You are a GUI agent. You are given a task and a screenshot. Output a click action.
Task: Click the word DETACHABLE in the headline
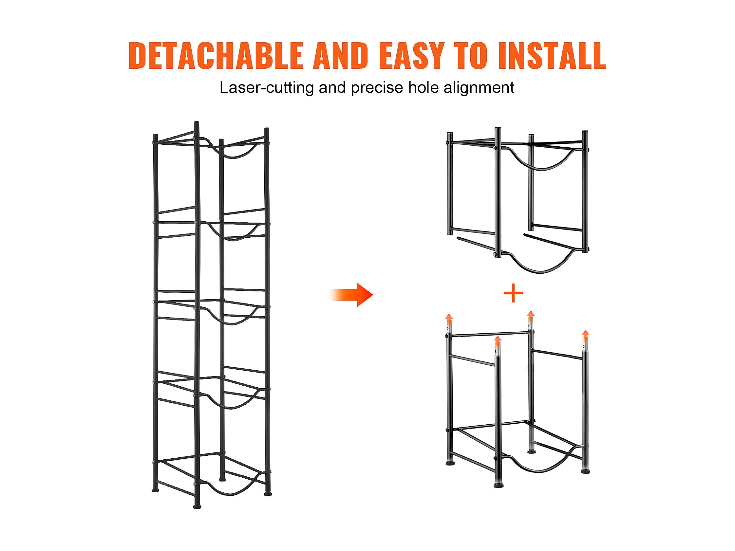[x=216, y=55]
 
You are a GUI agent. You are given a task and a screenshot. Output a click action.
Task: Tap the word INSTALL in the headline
[x=552, y=55]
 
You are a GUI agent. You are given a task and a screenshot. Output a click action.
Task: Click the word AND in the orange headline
[x=341, y=55]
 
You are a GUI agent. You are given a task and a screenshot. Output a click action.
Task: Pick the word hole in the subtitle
[x=423, y=87]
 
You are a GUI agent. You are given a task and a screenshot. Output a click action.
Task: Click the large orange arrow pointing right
[x=351, y=295]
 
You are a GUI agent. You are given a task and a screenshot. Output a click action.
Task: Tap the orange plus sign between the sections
[x=513, y=293]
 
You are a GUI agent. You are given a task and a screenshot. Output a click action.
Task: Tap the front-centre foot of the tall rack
[x=197, y=506]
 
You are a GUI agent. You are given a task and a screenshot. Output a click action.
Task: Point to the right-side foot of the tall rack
[x=268, y=493]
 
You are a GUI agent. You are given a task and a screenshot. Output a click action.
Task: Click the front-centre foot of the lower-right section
[x=499, y=486]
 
